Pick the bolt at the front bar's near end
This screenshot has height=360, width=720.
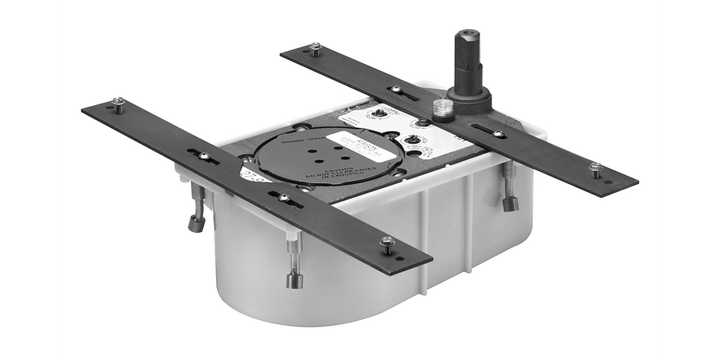pyautogui.click(x=387, y=244)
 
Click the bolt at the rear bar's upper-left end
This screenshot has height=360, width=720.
pyautogui.click(x=314, y=49)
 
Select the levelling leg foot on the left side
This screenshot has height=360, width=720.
pyautogui.click(x=196, y=225)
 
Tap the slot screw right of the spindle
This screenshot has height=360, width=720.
pyautogui.click(x=496, y=133)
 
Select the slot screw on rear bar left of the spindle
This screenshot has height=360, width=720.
pyautogui.click(x=396, y=91)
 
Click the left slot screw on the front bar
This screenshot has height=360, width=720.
pyautogui.click(x=204, y=156)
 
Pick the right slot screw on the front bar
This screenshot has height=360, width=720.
pyautogui.click(x=284, y=198)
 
